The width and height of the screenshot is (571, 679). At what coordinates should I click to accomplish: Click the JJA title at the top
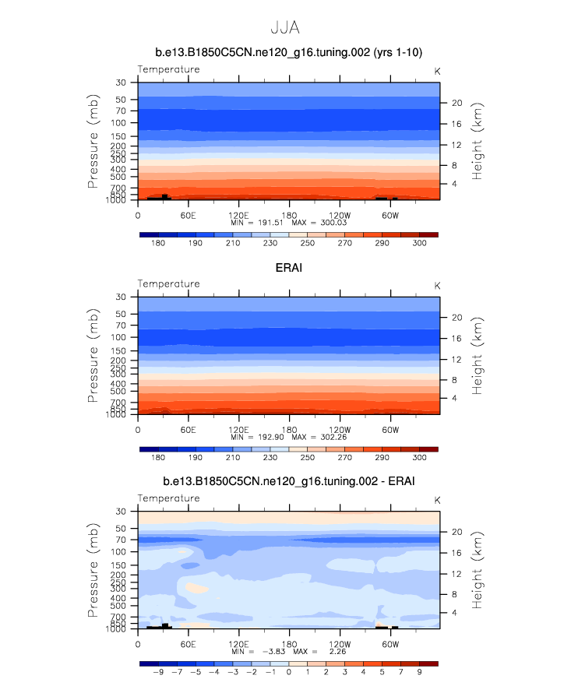coord(285,28)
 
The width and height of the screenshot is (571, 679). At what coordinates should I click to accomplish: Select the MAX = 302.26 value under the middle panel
coord(319,438)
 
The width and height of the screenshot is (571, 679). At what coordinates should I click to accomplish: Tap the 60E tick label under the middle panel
coord(188,429)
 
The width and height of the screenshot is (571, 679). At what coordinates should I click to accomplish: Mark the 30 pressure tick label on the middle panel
coord(121,297)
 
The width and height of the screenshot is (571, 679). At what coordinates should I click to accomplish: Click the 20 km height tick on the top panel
coord(457,103)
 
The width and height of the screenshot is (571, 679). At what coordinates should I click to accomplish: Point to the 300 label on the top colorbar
coord(419,243)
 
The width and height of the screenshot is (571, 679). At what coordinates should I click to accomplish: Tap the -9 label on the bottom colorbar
coord(158,672)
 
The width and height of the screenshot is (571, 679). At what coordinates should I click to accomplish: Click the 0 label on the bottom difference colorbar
coord(289,672)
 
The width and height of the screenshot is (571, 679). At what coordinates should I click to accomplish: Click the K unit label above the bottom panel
coord(437,499)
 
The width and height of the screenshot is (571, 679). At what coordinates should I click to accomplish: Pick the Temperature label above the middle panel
coord(168,284)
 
